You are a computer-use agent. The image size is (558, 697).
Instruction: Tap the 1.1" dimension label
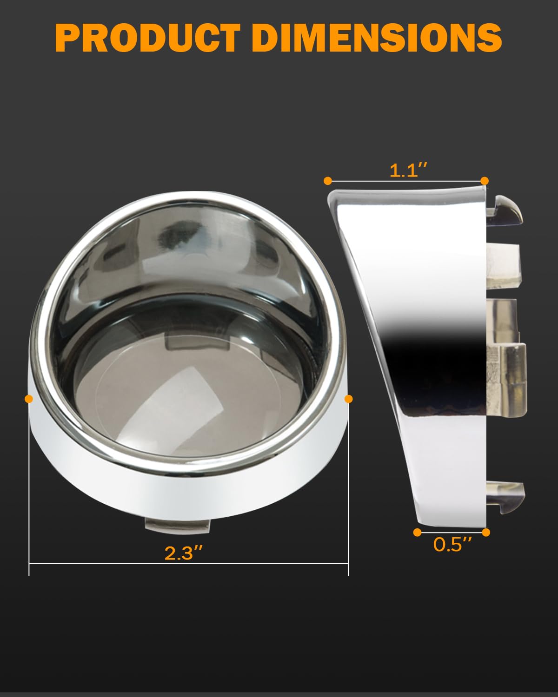[408, 171]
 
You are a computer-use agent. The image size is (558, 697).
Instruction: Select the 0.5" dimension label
[452, 544]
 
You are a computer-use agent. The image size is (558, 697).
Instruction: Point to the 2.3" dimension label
[184, 553]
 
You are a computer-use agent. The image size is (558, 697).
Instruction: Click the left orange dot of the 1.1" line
[328, 181]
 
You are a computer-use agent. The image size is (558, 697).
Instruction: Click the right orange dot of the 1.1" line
[485, 181]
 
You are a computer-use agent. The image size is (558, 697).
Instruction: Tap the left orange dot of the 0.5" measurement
[417, 533]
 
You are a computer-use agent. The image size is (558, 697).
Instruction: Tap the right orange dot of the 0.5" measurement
[486, 533]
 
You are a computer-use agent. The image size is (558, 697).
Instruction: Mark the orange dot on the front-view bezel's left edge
[29, 399]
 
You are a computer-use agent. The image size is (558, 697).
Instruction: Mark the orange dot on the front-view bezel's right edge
[349, 399]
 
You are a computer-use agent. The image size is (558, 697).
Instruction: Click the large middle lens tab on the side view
[507, 372]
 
